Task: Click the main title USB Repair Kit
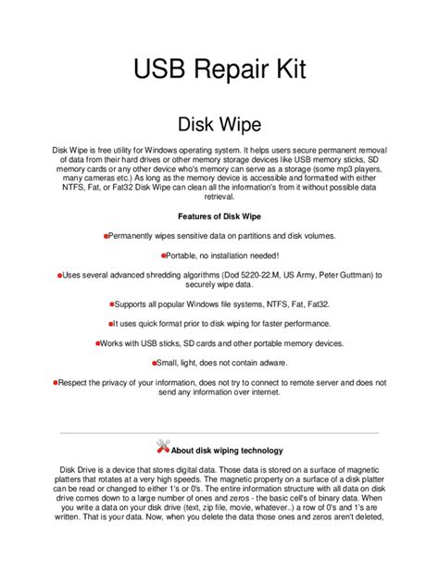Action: click(219, 69)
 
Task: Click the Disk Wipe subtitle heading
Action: click(219, 123)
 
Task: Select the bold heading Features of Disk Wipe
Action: click(219, 215)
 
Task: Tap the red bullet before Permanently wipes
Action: click(107, 237)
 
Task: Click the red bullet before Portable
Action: click(163, 254)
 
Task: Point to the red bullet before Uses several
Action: click(59, 276)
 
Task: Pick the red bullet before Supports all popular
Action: click(111, 304)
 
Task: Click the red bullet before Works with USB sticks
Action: click(97, 343)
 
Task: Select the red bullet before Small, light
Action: click(155, 363)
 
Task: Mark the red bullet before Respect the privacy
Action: click(56, 381)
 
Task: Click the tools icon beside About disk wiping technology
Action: click(164, 448)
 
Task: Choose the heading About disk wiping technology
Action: click(227, 451)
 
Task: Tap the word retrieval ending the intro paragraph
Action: click(219, 196)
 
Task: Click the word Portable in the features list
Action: click(185, 254)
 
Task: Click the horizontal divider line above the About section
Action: click(219, 431)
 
